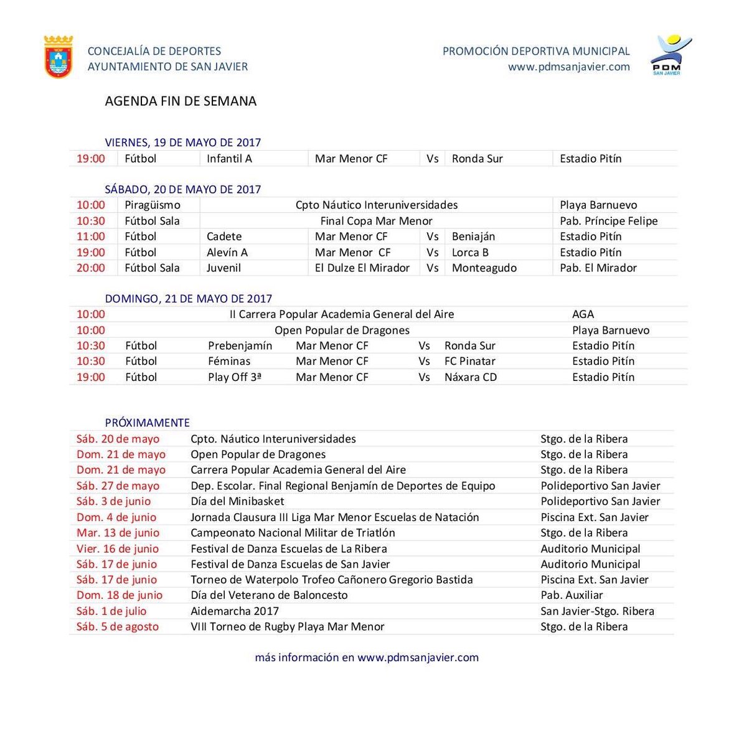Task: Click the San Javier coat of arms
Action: coord(59,57)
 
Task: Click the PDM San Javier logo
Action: coord(669,55)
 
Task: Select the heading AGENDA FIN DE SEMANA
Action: coord(181,101)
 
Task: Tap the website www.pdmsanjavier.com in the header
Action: coord(568,67)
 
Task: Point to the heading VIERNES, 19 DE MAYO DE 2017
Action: coord(182,143)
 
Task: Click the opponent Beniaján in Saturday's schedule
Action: coord(473,237)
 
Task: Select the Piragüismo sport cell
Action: coord(153,205)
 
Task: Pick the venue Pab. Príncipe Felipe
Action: coord(608,221)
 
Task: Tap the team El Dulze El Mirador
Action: coord(362,268)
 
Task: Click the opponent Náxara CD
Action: coord(470,377)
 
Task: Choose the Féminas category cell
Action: coord(229,361)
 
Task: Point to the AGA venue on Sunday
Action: coord(583,314)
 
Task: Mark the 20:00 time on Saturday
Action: coord(91,268)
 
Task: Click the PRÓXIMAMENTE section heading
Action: coord(147,423)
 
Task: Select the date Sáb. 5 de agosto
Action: coord(118,626)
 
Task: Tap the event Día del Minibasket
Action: coord(237,501)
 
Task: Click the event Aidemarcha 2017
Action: coord(234,611)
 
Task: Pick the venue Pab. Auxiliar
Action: coord(572,595)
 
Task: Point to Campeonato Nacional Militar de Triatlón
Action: coord(293,533)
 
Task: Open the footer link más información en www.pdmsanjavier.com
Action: coord(367,657)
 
